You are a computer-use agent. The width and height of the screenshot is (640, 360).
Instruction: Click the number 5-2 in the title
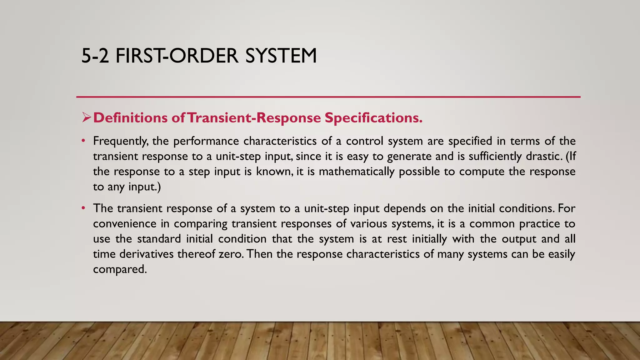click(x=95, y=56)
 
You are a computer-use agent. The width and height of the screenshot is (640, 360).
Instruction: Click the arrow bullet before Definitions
click(x=86, y=118)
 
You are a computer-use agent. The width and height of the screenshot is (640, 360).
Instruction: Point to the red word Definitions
click(x=130, y=118)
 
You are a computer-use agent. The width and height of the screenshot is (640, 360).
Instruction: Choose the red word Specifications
click(x=373, y=118)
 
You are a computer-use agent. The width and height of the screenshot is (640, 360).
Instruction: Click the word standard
click(x=159, y=239)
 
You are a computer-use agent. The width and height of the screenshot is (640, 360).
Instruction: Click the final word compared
click(x=120, y=269)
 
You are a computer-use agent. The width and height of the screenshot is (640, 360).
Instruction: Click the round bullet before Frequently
click(x=83, y=141)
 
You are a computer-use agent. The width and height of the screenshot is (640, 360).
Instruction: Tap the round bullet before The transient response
click(x=83, y=208)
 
